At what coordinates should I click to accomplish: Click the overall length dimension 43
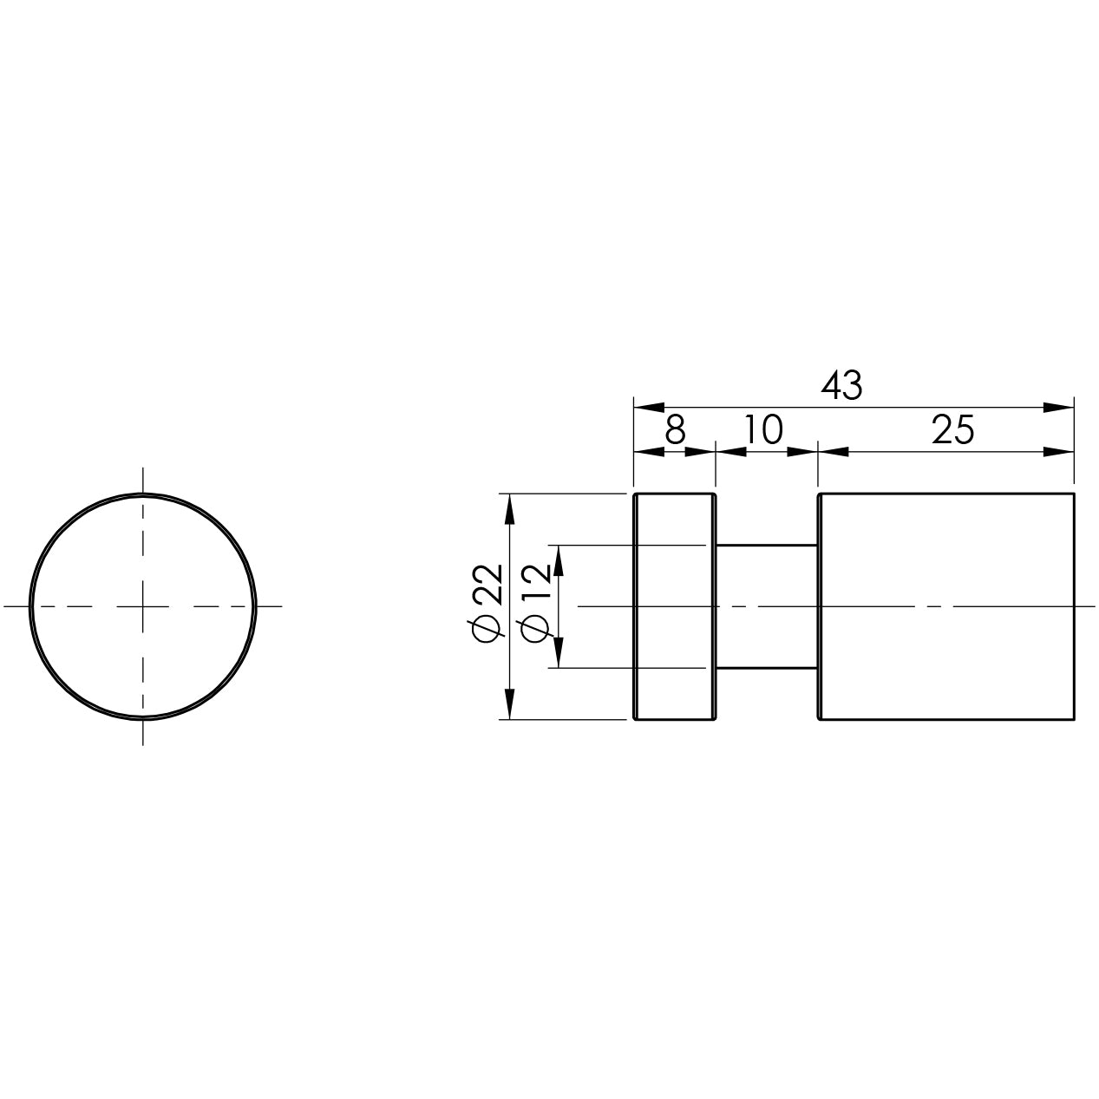point(841,386)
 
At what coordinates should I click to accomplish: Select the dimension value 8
point(675,430)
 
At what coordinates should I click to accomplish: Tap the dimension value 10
point(763,430)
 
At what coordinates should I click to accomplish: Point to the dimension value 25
point(952,430)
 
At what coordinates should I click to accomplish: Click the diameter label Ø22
point(488,604)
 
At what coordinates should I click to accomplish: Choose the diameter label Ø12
point(535,604)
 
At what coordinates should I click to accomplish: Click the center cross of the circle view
point(142,606)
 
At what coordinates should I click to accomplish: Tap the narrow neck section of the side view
point(767,606)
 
